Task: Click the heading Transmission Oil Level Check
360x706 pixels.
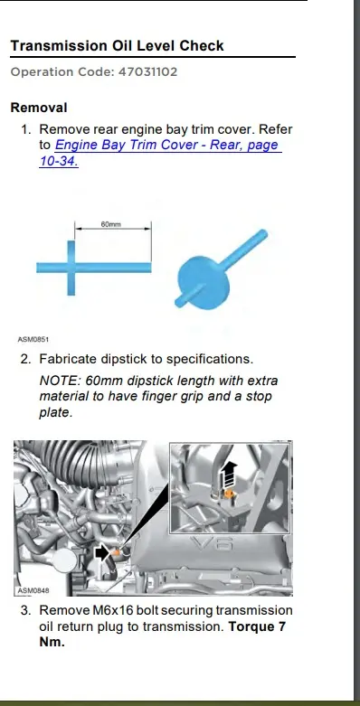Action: tap(118, 46)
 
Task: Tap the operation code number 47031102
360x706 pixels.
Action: tap(147, 72)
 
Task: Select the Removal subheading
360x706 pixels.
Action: tap(39, 108)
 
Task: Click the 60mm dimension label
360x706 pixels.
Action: tap(111, 224)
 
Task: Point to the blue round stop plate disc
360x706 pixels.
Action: tap(204, 282)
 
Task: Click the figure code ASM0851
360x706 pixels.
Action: tap(33, 339)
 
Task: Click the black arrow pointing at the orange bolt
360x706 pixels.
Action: tap(103, 553)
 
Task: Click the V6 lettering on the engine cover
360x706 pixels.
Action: tap(212, 544)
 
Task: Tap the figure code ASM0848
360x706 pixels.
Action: tap(33, 590)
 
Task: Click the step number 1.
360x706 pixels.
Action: tap(25, 129)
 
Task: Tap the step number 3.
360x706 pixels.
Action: tap(25, 610)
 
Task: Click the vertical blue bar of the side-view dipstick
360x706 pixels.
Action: tap(71, 268)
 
